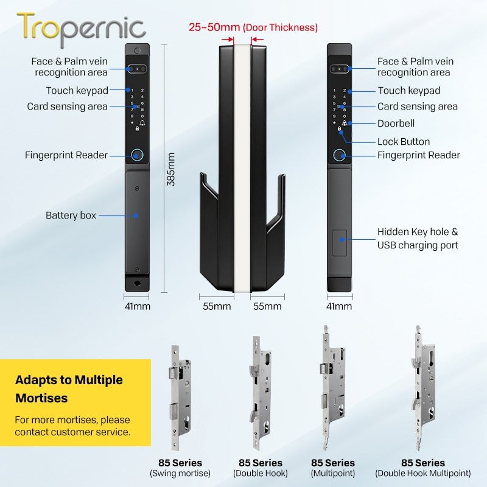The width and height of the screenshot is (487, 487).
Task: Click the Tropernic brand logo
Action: click(x=82, y=29)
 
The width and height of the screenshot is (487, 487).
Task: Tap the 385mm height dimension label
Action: click(x=171, y=169)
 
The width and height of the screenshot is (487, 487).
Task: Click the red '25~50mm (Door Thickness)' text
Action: click(x=253, y=27)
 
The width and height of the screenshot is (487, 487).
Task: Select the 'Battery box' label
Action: click(x=71, y=215)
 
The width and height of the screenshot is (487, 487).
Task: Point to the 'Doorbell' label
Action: click(x=396, y=124)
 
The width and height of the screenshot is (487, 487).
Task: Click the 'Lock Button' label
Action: click(x=404, y=142)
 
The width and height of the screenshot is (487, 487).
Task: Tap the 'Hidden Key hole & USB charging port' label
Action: click(x=418, y=238)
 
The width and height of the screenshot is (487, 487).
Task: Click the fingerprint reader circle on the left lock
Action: click(x=137, y=155)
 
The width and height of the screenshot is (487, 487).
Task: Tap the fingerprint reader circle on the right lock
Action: click(x=339, y=155)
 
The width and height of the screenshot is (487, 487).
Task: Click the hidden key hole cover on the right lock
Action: click(x=340, y=243)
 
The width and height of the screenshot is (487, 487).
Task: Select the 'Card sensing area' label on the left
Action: click(x=67, y=106)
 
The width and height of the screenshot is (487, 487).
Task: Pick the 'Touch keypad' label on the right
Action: click(x=408, y=90)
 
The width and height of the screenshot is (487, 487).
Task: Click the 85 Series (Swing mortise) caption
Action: click(x=180, y=468)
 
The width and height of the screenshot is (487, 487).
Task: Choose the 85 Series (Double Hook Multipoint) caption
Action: click(x=423, y=468)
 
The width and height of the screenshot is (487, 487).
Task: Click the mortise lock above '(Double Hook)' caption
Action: click(x=261, y=393)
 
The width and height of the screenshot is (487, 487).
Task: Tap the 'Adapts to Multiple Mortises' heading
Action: click(x=69, y=389)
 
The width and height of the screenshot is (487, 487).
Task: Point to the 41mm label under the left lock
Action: click(x=138, y=306)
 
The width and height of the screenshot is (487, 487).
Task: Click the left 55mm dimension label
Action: click(x=217, y=306)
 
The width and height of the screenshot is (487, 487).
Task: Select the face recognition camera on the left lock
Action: click(x=136, y=69)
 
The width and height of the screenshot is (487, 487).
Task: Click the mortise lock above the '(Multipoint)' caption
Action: click(x=332, y=388)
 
